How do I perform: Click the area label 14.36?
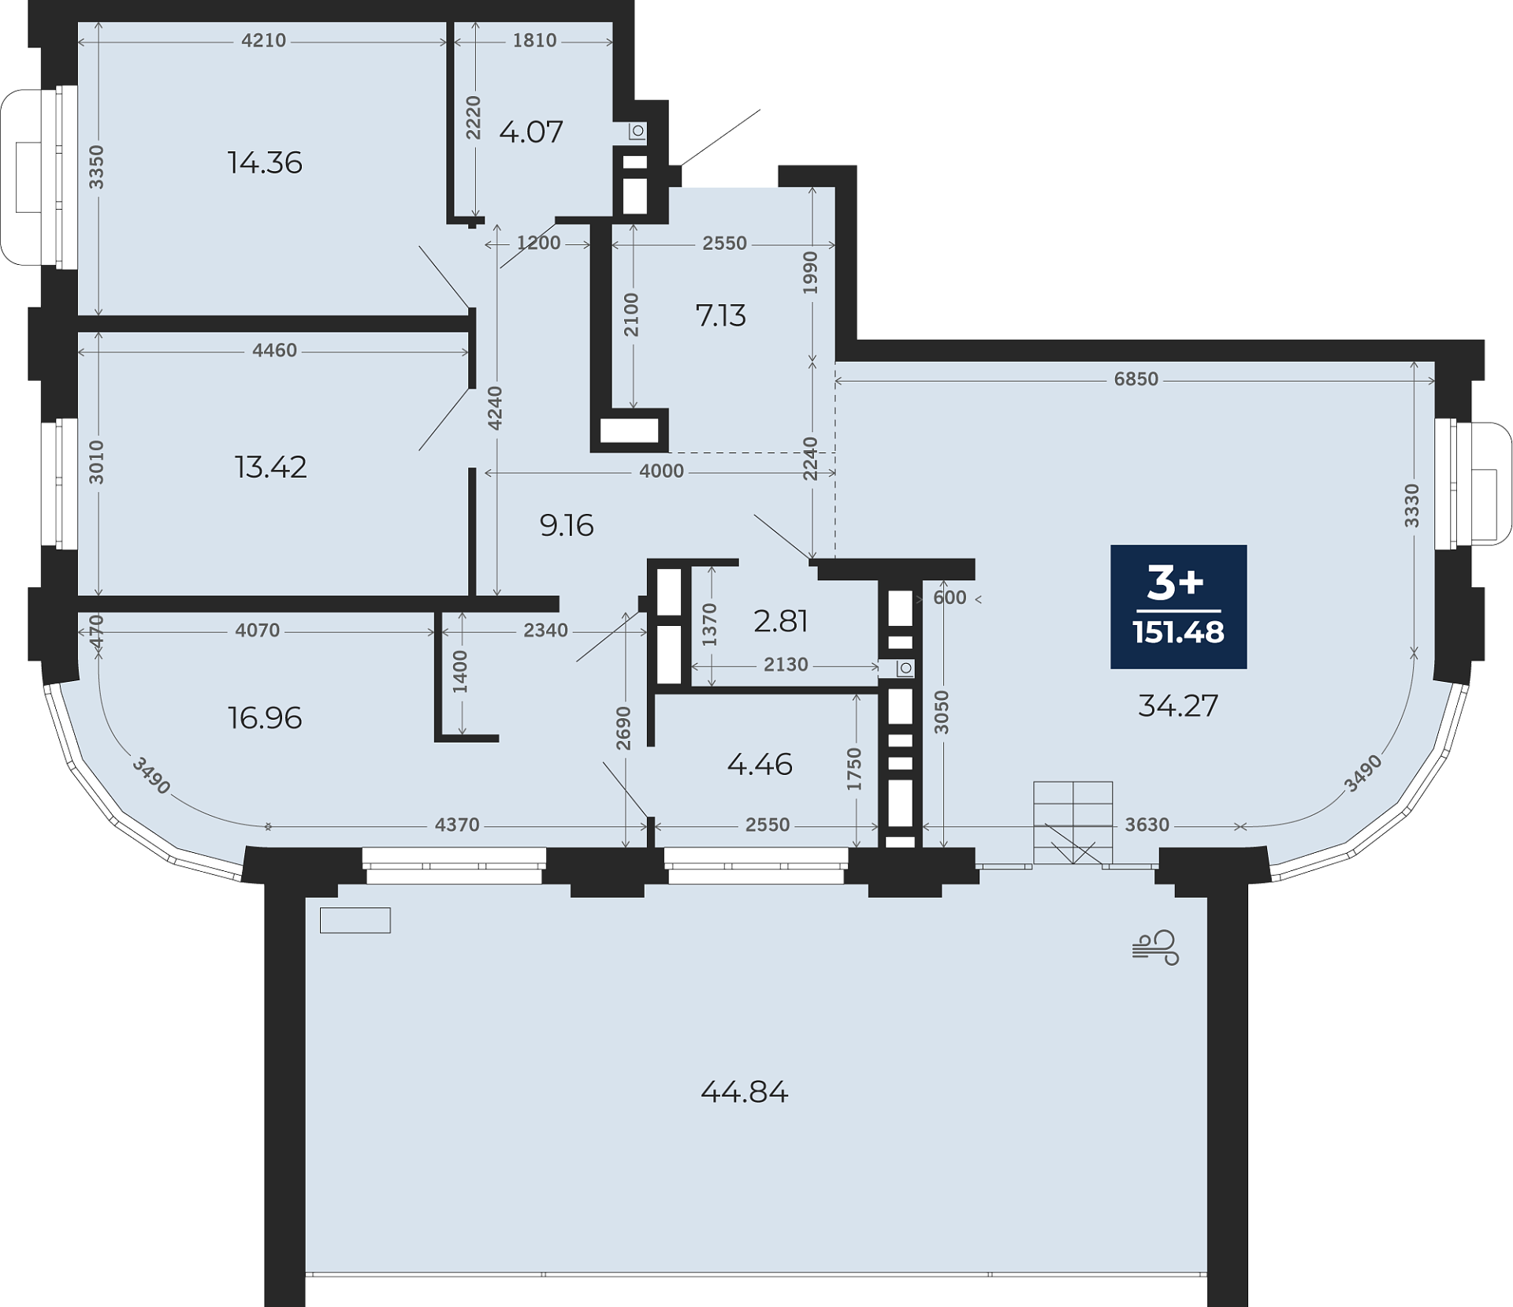(x=265, y=162)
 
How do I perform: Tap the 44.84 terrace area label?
(x=745, y=1092)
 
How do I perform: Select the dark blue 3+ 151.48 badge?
(x=1178, y=606)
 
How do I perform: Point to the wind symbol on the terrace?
(x=1155, y=948)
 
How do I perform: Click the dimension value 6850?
(x=1136, y=379)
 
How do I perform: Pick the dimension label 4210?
(x=264, y=40)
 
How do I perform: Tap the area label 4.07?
(x=531, y=132)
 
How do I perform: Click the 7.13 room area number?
(x=721, y=315)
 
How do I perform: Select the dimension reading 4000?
(x=662, y=471)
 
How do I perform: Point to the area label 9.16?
(x=567, y=525)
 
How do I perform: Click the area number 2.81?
(x=781, y=621)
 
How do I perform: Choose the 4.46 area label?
(x=760, y=764)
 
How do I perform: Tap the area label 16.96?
(x=265, y=718)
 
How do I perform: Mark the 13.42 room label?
(x=271, y=467)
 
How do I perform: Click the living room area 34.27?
(x=1178, y=706)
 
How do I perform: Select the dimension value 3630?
(x=1147, y=825)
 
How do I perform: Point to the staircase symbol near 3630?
(x=1073, y=823)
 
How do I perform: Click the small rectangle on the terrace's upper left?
(x=355, y=920)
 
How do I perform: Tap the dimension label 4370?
(x=457, y=825)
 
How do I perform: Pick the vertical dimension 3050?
(x=942, y=713)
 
